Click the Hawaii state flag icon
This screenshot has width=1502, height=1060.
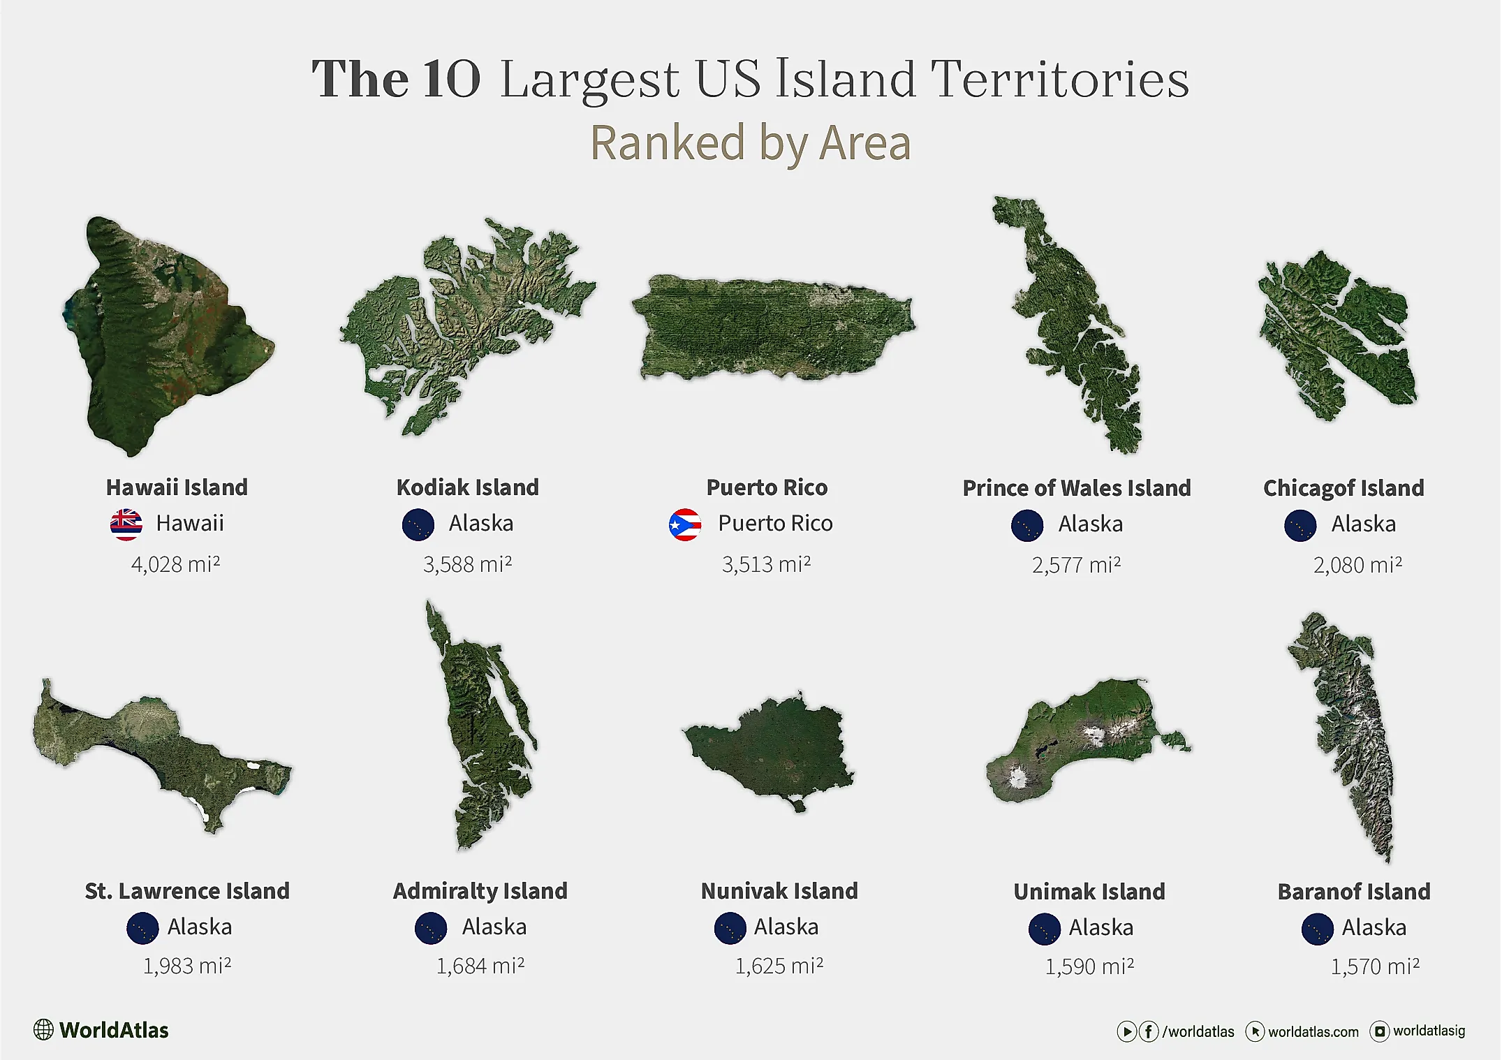(x=126, y=524)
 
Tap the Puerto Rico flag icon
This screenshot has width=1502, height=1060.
(x=684, y=524)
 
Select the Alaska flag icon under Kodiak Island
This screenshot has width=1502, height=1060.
(x=418, y=524)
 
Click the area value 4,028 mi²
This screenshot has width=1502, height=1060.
(x=175, y=564)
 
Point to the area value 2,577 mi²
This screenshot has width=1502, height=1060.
(x=1076, y=565)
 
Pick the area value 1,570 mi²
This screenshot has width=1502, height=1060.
(x=1374, y=966)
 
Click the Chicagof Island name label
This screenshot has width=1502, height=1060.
(x=1343, y=488)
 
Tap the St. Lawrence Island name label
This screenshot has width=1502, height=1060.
(x=187, y=891)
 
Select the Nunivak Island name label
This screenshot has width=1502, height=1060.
(x=779, y=891)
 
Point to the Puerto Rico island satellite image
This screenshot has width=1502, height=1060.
(x=772, y=327)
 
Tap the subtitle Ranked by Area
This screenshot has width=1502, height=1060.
(x=751, y=143)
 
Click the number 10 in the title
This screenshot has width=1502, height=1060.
(x=452, y=79)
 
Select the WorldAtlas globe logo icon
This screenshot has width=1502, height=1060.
(x=43, y=1030)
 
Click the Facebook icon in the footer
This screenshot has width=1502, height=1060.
(x=1149, y=1031)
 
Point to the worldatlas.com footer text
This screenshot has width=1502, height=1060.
(x=1313, y=1032)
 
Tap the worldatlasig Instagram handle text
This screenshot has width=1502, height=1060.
(x=1429, y=1031)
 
